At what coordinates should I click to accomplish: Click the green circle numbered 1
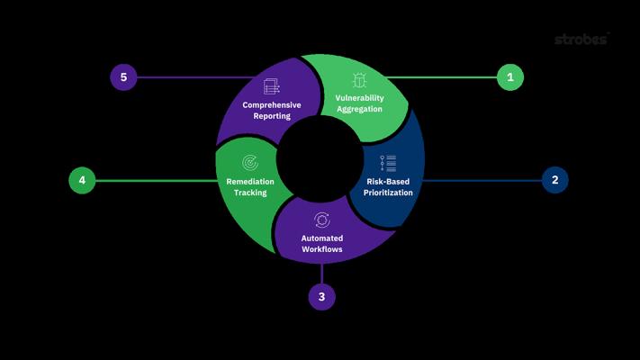pyautogui.click(x=510, y=77)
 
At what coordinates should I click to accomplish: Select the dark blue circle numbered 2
pyautogui.click(x=555, y=180)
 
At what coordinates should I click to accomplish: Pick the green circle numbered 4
pyautogui.click(x=82, y=180)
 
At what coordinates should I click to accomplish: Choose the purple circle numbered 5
pyautogui.click(x=123, y=77)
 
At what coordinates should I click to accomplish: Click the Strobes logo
pyautogui.click(x=581, y=40)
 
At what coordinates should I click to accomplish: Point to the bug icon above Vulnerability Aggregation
pyautogui.click(x=359, y=79)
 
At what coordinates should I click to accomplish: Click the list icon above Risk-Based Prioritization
pyautogui.click(x=388, y=163)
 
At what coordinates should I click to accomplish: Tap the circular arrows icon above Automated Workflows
pyautogui.click(x=321, y=220)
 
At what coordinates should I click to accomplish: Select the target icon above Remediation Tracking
pyautogui.click(x=250, y=163)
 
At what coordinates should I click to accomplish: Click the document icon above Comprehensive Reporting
pyautogui.click(x=271, y=86)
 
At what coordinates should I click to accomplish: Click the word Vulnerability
pyautogui.click(x=359, y=97)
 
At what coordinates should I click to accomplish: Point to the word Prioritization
pyautogui.click(x=389, y=193)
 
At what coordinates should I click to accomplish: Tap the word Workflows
pyautogui.click(x=321, y=249)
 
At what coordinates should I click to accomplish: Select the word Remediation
pyautogui.click(x=250, y=181)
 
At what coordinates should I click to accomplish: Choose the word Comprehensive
pyautogui.click(x=271, y=104)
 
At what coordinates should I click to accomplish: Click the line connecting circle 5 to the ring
pyautogui.click(x=194, y=77)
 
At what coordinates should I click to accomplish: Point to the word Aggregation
pyautogui.click(x=359, y=109)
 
